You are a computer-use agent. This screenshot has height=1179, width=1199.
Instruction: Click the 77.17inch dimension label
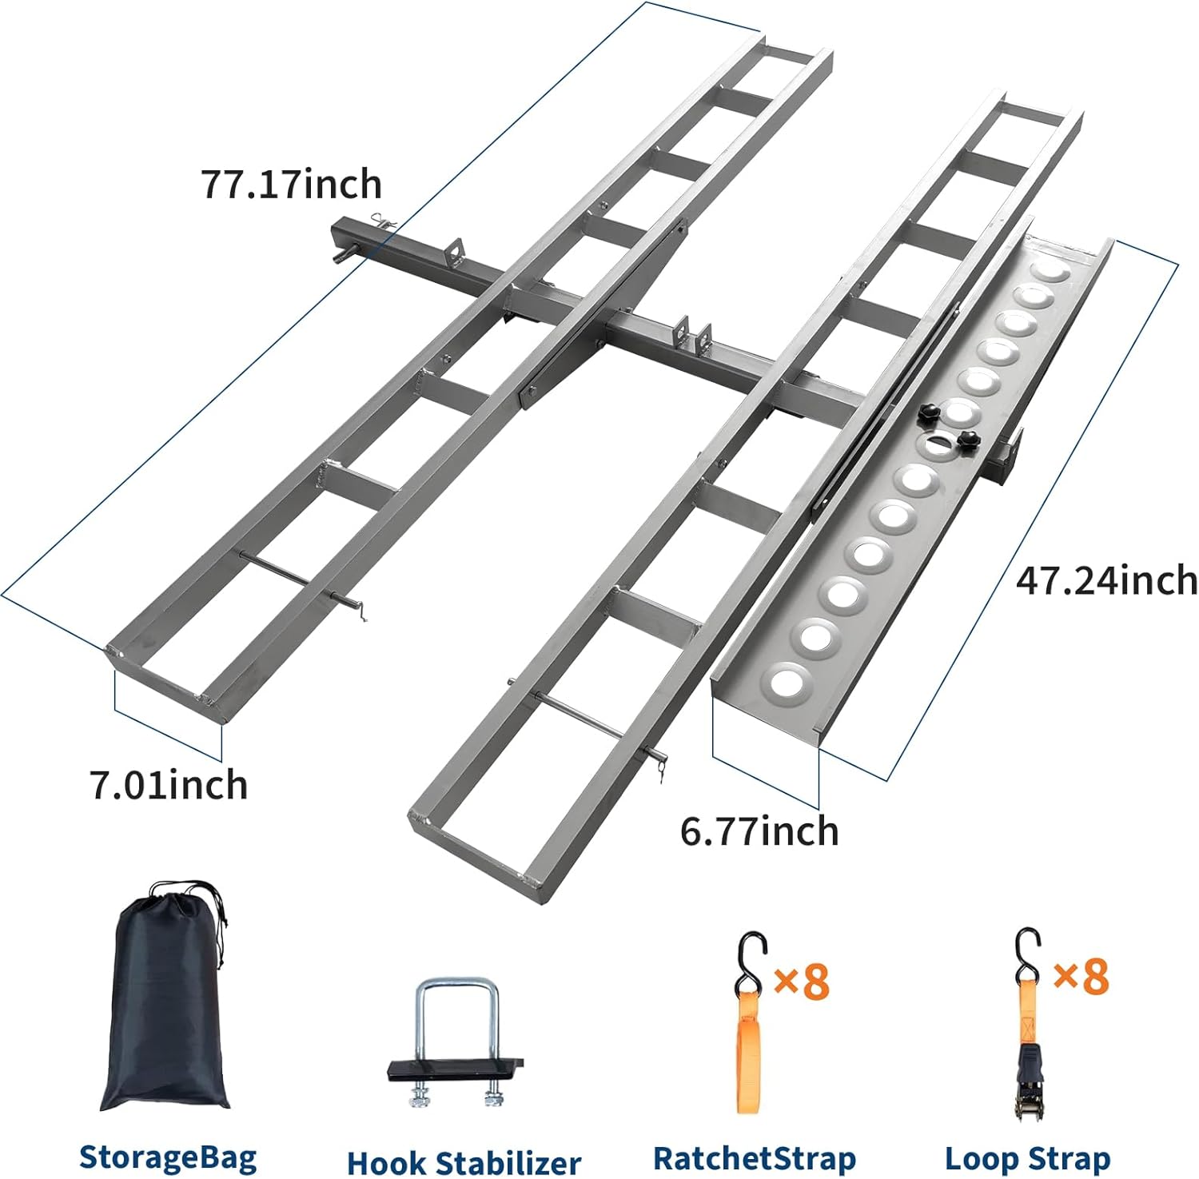291,184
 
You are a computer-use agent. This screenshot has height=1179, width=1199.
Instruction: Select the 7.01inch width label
169,785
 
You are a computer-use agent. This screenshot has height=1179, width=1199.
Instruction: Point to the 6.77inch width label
759,831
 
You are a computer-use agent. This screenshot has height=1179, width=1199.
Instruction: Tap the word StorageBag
168,1157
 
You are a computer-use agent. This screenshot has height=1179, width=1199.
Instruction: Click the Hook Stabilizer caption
464,1161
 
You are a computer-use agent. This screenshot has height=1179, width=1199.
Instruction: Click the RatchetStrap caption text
755,1157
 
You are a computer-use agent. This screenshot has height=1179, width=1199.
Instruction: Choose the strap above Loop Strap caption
1027,1031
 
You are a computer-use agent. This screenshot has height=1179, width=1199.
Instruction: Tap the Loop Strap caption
1027,1157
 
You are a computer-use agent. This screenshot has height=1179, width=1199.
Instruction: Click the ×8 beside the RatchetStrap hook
802,980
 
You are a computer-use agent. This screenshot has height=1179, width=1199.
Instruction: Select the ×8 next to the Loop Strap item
1081,975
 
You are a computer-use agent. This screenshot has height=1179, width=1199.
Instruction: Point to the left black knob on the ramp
929,412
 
